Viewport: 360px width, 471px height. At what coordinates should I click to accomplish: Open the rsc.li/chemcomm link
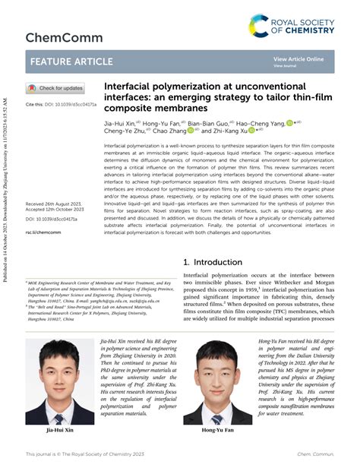coord(43,232)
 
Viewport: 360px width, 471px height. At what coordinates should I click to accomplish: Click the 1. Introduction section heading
coord(216,262)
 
